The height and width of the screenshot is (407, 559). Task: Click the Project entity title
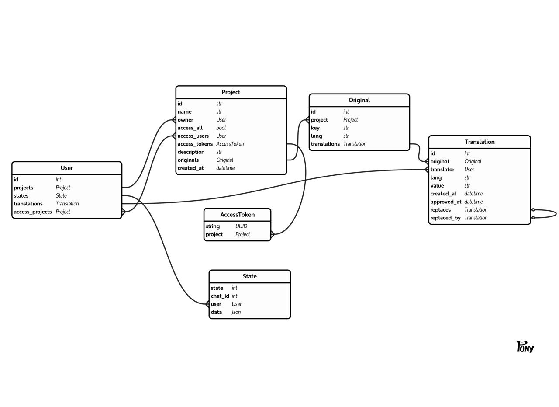point(231,92)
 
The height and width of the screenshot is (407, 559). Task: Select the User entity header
point(67,168)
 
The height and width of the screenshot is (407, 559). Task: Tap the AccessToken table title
point(237,215)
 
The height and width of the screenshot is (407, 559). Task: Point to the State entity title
point(249,276)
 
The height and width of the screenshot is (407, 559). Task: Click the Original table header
point(359,100)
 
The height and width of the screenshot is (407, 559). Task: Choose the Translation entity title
point(480,142)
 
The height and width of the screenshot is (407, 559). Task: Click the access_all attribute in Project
point(190,128)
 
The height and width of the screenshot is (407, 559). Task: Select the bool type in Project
point(221,128)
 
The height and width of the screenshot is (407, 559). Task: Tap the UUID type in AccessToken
point(241,226)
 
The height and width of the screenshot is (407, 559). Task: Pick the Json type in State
point(236,312)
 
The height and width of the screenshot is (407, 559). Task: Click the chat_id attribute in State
point(220,296)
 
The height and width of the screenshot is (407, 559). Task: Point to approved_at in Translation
point(445,202)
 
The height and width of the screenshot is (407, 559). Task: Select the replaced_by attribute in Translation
point(445,218)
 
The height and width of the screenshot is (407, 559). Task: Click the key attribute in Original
point(315,128)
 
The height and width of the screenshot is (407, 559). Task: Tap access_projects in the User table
point(33,212)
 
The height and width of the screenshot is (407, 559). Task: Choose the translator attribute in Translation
point(442,170)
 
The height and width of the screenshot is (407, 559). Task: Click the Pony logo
point(525,347)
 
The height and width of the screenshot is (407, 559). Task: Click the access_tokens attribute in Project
point(195,144)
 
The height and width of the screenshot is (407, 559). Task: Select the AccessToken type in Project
point(230,144)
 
